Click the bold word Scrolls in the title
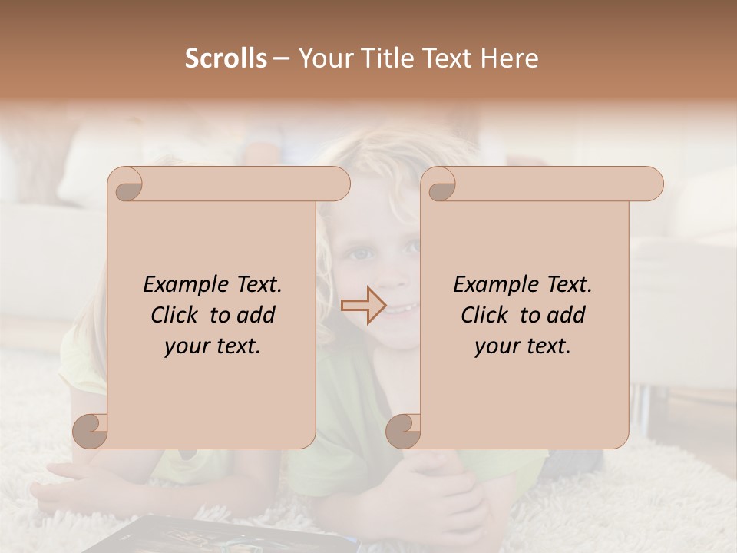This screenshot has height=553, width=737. pos(226,58)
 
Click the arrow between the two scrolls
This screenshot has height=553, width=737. pos(363,306)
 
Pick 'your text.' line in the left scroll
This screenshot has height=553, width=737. pos(213,346)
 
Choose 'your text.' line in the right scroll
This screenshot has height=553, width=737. pos(523,346)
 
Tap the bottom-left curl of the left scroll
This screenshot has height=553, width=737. pos(91,430)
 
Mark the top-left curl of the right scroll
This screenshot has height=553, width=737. pos(441,185)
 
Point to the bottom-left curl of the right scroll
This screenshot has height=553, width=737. pos(403,430)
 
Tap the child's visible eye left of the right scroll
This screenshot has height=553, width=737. pos(358,253)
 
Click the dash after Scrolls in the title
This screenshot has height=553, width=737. pos(281,58)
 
